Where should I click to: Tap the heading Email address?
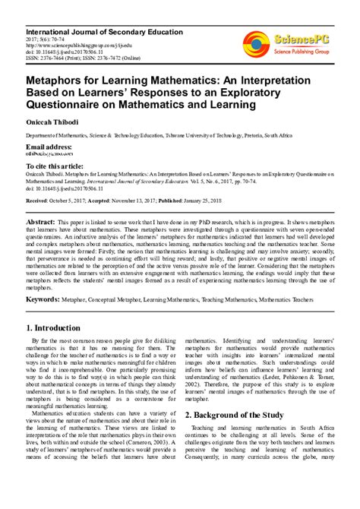[x=50, y=145]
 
